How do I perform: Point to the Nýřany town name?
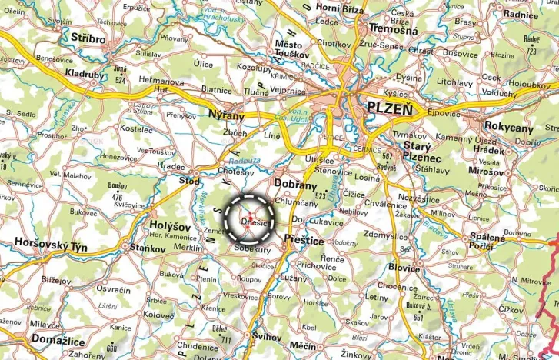[226, 115]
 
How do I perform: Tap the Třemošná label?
[393, 30]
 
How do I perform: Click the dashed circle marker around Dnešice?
[249, 219]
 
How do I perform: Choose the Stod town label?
[189, 181]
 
